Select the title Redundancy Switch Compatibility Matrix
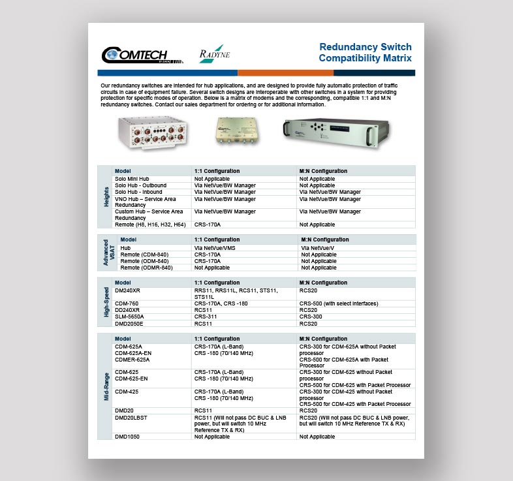pyautogui.click(x=365, y=53)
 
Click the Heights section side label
pyautogui.click(x=106, y=196)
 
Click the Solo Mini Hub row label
pyautogui.click(x=132, y=179)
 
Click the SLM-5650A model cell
pyautogui.click(x=129, y=317)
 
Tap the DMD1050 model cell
pyautogui.click(x=127, y=437)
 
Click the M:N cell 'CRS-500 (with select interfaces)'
pyautogui.click(x=339, y=303)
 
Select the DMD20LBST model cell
pyautogui.click(x=131, y=417)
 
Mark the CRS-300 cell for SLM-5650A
pyautogui.click(x=311, y=317)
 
